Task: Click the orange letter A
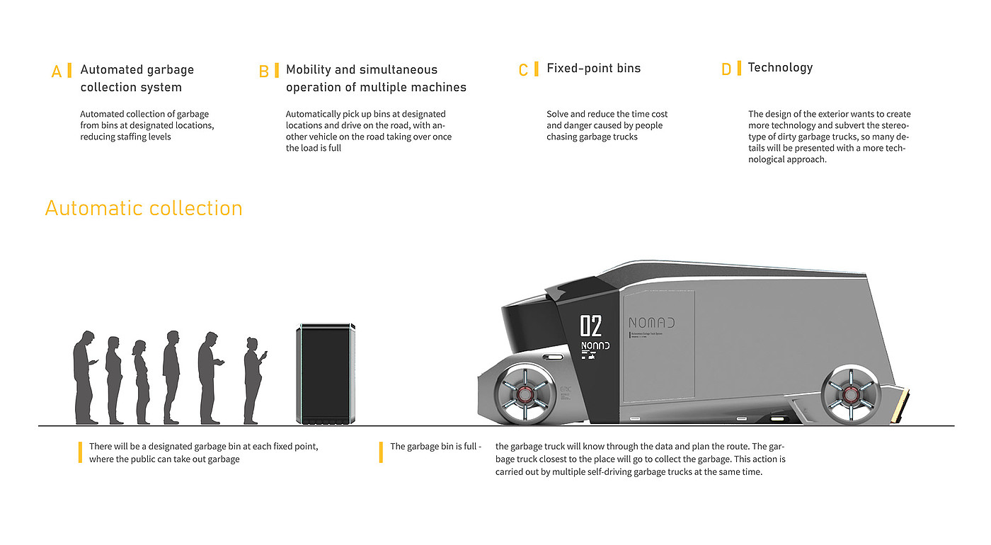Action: point(57,71)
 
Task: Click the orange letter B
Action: point(263,71)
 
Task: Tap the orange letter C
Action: point(523,70)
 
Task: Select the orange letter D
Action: point(726,69)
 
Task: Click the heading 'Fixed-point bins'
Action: point(593,69)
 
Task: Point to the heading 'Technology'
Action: point(780,68)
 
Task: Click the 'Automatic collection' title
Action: point(144,208)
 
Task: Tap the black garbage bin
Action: point(325,374)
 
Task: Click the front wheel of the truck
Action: point(524,393)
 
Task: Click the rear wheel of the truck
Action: point(849,394)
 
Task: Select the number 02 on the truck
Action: point(591,326)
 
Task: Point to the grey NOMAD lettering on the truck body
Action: point(651,323)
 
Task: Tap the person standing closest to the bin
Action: point(253,380)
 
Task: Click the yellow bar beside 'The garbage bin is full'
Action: point(381,452)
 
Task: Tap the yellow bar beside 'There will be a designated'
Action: point(80,452)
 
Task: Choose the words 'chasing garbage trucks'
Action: point(592,137)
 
